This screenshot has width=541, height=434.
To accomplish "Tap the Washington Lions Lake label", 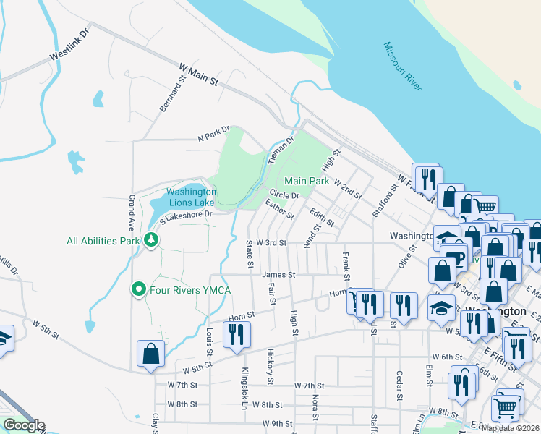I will tap(191, 197).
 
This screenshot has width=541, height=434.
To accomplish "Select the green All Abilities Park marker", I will tap(151, 239).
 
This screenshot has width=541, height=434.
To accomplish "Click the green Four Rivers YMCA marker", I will tap(139, 290).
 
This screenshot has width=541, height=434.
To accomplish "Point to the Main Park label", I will tap(307, 181).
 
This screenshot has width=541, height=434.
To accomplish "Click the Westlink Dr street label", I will tap(69, 45).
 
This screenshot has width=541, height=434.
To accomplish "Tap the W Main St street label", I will tap(198, 75).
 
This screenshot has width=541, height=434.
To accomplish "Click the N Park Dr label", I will tap(213, 134).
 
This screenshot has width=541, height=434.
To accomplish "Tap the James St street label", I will tap(278, 275).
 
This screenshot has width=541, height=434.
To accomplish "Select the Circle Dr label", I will tap(284, 195).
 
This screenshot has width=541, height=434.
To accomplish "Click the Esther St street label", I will tap(280, 210).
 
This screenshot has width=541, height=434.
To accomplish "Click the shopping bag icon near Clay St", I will tap(150, 354).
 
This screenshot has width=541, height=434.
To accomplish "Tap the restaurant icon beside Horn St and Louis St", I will tap(237, 334).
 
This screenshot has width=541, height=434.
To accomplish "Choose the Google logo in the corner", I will tap(23, 425).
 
